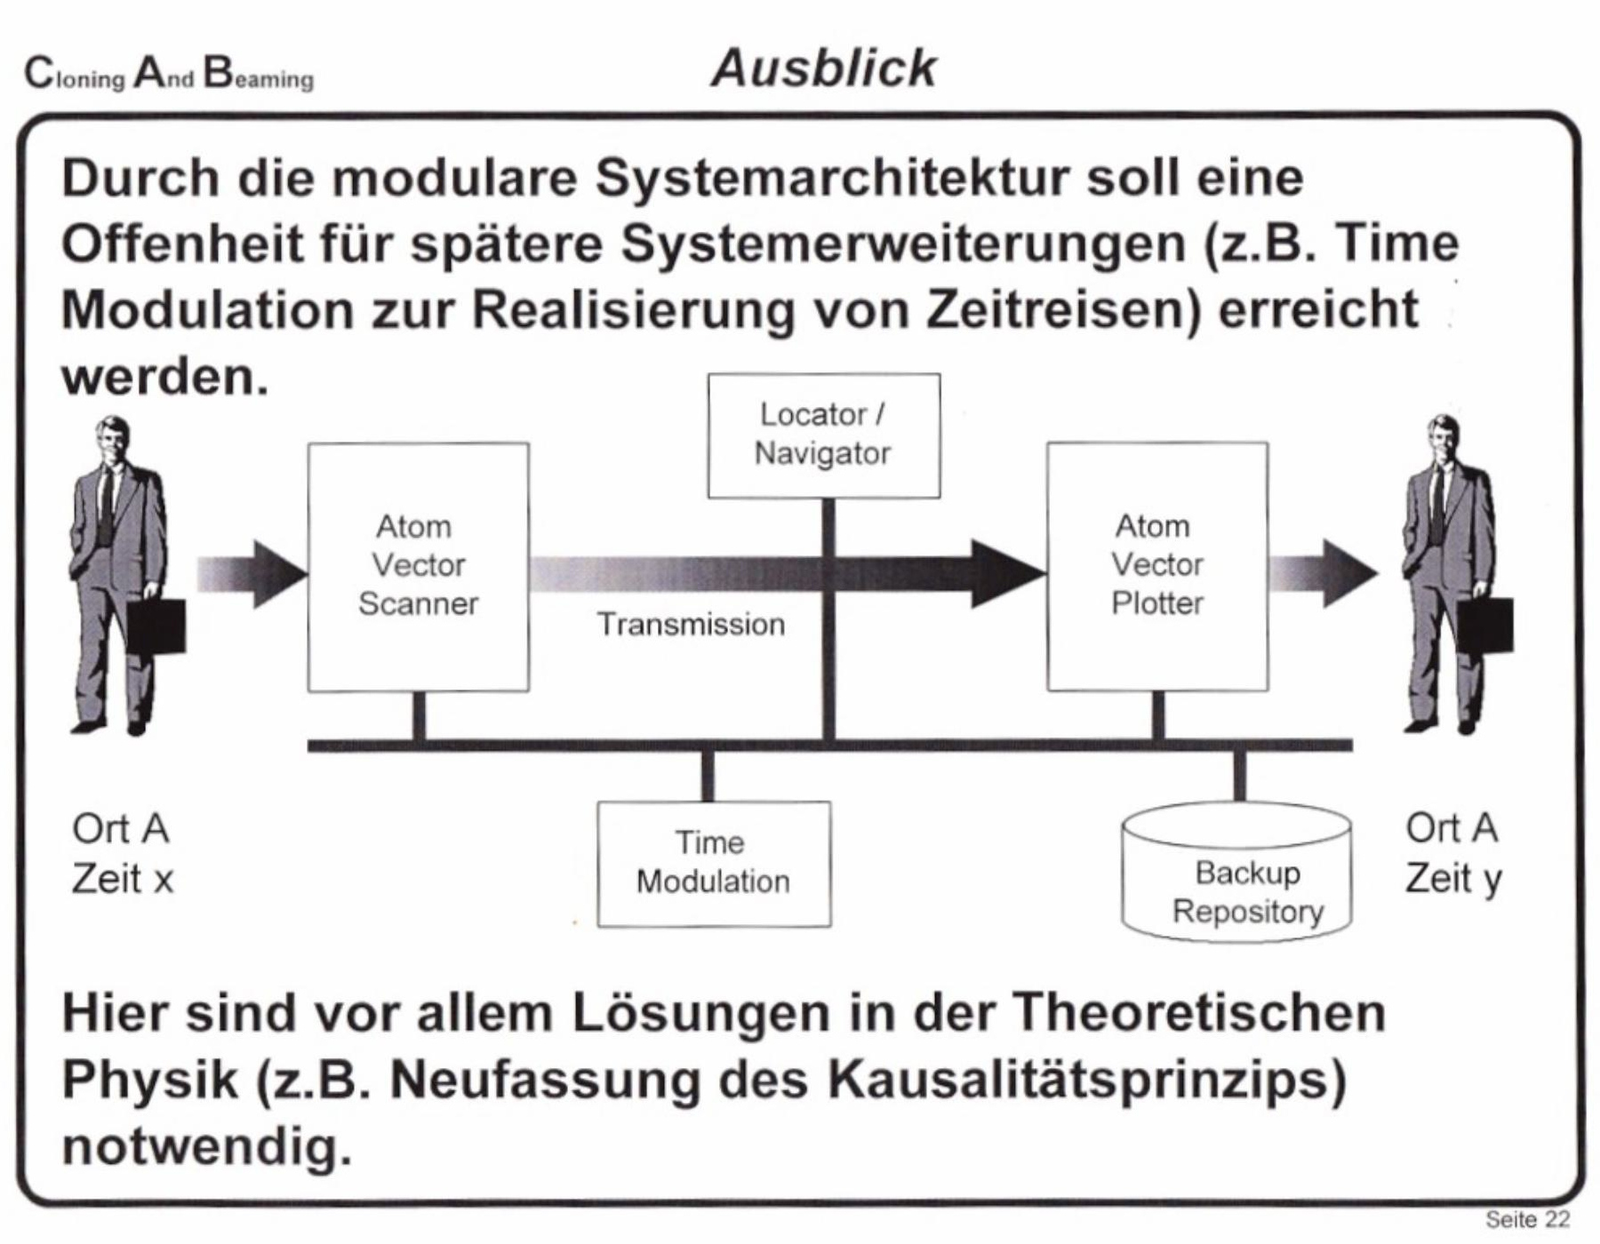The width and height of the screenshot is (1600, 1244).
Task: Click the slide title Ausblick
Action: coord(823,68)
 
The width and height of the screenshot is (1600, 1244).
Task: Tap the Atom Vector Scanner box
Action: coord(418,566)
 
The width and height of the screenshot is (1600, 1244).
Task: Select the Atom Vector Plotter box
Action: coord(1156,566)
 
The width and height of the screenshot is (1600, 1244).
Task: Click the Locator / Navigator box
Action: coord(823,435)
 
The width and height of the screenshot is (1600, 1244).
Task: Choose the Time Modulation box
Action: coord(713,863)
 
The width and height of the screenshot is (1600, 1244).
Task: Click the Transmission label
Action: coord(691,625)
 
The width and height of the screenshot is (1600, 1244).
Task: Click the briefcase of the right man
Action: coord(1485,625)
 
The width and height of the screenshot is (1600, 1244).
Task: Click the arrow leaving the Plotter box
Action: coord(1324,573)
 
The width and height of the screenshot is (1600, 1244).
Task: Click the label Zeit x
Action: coord(123,879)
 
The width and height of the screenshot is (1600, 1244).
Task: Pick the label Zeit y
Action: coord(1453,879)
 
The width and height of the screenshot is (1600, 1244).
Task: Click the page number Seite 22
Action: coord(1527,1219)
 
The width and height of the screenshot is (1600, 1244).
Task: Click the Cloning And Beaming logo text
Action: coord(169,74)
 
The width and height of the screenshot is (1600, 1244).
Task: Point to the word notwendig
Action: coord(206,1146)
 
